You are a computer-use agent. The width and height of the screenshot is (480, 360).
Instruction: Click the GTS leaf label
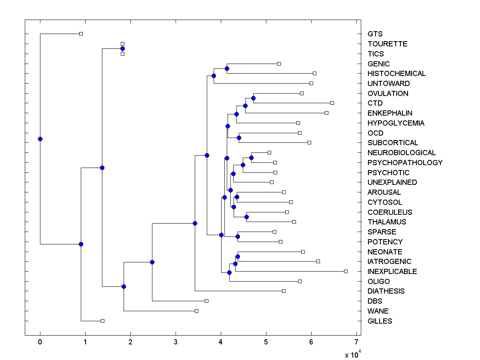[375, 34]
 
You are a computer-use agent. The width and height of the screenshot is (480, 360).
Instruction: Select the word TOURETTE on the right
[387, 44]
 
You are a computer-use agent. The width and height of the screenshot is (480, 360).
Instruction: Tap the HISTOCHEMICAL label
[396, 74]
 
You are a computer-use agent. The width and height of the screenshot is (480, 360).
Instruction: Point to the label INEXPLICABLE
[392, 272]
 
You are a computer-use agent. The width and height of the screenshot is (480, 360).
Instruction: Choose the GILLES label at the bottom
[380, 321]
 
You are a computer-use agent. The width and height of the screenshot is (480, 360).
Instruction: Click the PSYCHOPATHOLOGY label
[405, 163]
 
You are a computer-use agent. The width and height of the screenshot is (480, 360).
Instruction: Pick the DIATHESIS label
[386, 291]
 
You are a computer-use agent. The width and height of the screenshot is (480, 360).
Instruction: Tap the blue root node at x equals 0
[40, 139]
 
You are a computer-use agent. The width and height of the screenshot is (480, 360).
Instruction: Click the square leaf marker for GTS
[81, 34]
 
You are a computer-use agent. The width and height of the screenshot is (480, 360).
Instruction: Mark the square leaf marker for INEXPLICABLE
[346, 271]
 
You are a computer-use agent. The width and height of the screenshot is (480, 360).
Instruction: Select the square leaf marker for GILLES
[102, 321]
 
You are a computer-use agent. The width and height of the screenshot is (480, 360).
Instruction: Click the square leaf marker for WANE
[196, 311]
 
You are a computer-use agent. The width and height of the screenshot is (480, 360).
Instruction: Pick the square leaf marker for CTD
[332, 103]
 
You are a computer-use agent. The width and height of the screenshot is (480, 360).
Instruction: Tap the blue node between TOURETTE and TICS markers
[122, 48]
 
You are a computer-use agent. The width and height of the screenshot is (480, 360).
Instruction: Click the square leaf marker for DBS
[206, 301]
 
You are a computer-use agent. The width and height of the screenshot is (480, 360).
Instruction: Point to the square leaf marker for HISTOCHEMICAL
[314, 73]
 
